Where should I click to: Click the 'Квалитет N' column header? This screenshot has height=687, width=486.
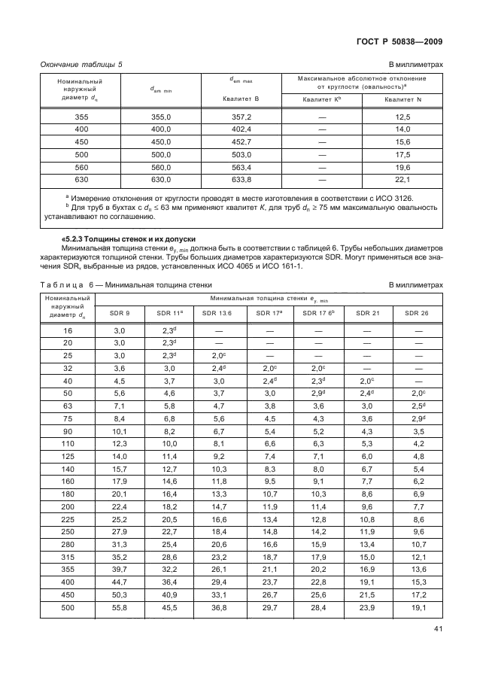tap(403, 99)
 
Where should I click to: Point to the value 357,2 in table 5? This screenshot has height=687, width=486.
tap(239, 117)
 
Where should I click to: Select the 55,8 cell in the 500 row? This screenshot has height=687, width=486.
tap(120, 606)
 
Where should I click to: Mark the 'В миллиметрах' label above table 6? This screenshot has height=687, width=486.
tap(415, 284)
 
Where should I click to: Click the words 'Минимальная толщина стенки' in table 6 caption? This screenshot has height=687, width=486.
tap(161, 284)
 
